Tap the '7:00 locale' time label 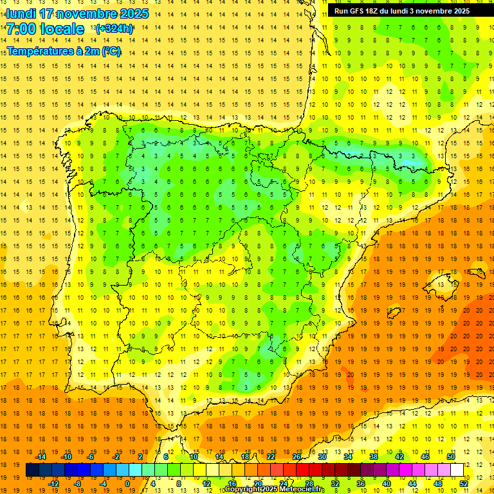click(x=45, y=29)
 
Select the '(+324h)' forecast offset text click(x=114, y=29)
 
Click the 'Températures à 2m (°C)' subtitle click(x=64, y=51)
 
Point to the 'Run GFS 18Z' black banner click(x=402, y=11)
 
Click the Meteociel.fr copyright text click(x=274, y=489)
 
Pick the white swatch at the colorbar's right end click(x=457, y=470)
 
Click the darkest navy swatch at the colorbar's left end click(x=32, y=470)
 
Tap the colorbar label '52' click(x=464, y=484)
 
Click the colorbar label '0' click(x=127, y=484)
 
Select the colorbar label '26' click(x=297, y=457)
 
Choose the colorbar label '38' click(x=374, y=457)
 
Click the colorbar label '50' click(x=451, y=457)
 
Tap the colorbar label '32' click(x=335, y=484)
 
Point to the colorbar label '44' click(x=412, y=484)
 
